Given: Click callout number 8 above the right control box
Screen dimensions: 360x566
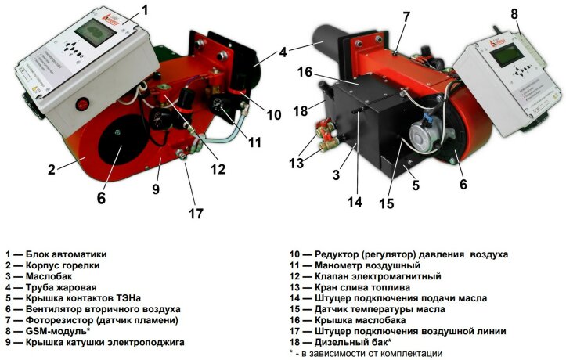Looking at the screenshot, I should click(x=514, y=14).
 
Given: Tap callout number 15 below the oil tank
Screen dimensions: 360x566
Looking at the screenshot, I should click(x=385, y=204).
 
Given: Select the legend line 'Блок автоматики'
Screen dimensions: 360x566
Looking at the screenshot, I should click(x=66, y=254).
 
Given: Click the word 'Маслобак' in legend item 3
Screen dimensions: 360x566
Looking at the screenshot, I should click(x=50, y=276).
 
